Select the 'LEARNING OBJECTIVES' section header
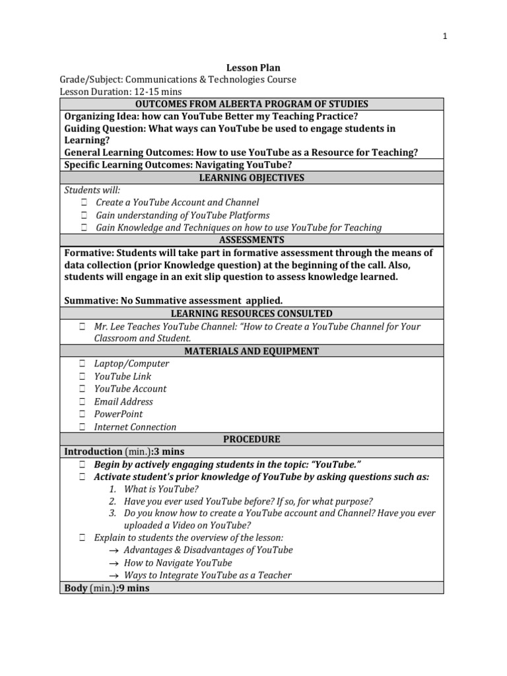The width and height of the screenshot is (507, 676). coord(252,178)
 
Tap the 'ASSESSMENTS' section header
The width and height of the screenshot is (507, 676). coord(252,240)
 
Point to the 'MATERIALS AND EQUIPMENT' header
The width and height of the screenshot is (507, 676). coord(252,351)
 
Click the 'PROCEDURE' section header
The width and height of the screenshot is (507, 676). coord(252,439)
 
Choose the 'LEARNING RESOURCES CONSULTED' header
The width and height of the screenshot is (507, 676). coord(252,314)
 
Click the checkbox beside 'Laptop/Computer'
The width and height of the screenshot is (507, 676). coord(83,364)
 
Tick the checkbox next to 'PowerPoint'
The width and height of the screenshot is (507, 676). coord(83,415)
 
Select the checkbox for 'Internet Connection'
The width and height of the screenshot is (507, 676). coord(83,427)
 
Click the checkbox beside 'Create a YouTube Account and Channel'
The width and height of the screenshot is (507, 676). coord(84,203)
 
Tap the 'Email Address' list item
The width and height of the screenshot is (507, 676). coord(123,401)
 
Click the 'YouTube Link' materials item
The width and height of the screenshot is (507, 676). coord(123,376)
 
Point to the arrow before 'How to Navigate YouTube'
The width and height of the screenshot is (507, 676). coord(113,563)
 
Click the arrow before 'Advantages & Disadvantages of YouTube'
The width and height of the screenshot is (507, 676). coord(113,551)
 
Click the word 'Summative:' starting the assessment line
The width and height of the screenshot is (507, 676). coord(90,300)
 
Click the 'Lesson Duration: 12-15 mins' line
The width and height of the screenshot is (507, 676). coord(121,92)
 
